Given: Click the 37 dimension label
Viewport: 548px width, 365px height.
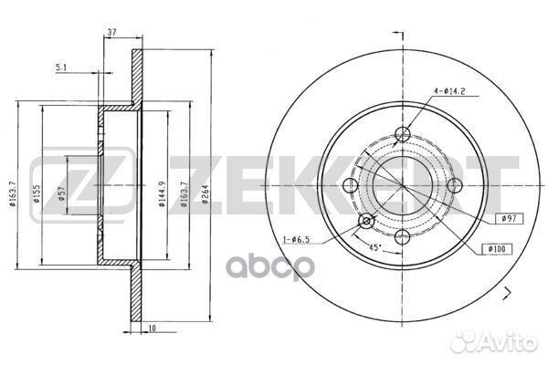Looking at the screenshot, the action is tap(111, 32).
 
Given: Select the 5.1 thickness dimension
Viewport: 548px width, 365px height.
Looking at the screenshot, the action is tap(61, 68).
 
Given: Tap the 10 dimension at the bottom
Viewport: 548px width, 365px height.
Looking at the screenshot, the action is tap(152, 328).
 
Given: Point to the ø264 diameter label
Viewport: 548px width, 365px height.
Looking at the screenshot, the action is tap(205, 194).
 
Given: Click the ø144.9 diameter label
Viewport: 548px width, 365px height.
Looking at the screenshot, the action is tap(162, 194).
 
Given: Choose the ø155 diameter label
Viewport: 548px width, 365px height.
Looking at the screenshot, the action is tap(37, 194).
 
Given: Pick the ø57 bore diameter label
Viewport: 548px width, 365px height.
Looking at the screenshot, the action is tap(62, 194).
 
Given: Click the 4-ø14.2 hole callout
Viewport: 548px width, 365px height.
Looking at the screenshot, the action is tap(449, 91).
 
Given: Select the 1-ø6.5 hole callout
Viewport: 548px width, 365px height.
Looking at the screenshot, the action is tap(296, 240).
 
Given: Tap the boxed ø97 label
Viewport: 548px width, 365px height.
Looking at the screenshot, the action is tap(510, 219).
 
